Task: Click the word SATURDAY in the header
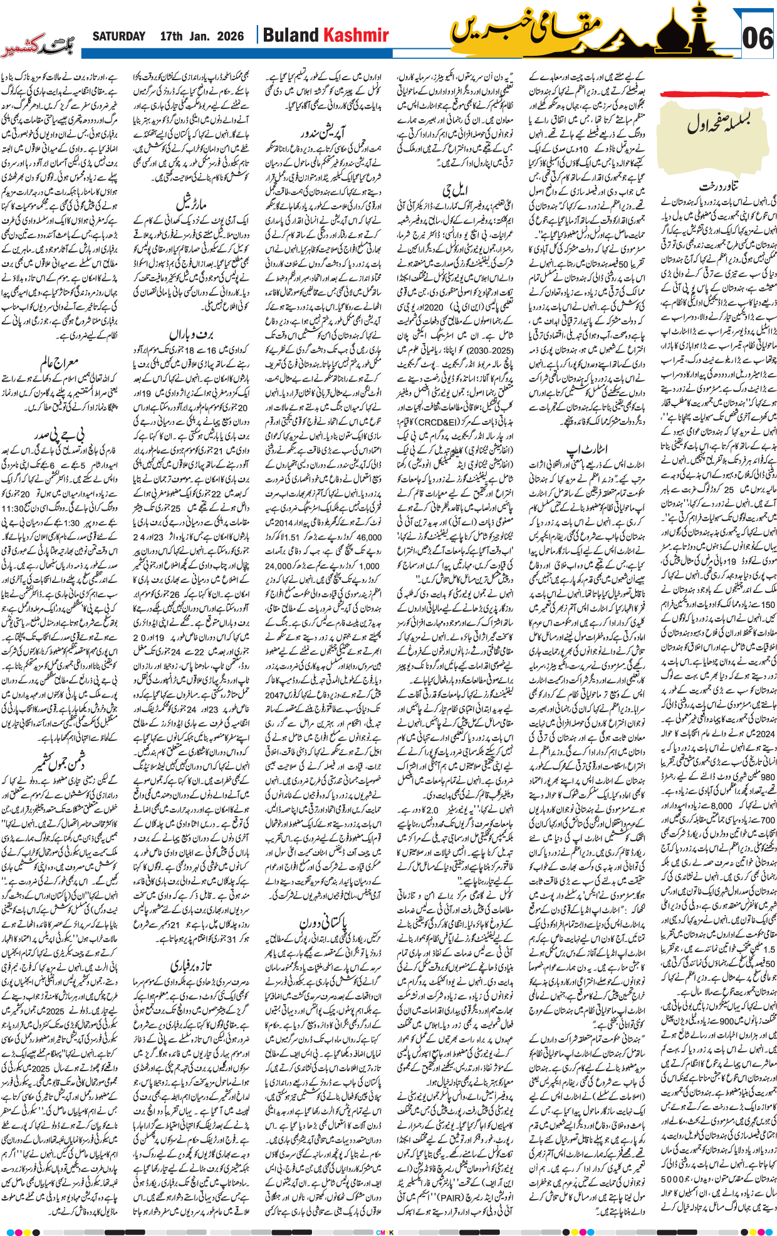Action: click(118, 36)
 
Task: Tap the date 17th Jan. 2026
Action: click(202, 36)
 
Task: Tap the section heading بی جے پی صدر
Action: click(60, 432)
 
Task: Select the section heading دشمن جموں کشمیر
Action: click(60, 762)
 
